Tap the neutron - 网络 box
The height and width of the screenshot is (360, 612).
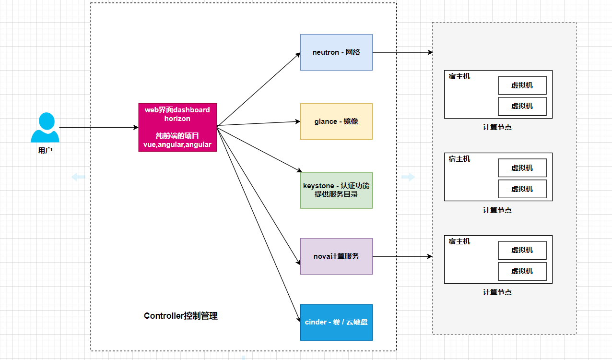(x=336, y=52)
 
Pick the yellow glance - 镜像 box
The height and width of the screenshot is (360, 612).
(x=336, y=121)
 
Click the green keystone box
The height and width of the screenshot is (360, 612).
(x=336, y=190)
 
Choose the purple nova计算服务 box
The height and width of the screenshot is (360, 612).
(x=336, y=256)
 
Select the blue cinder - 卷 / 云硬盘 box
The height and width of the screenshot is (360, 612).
(x=336, y=322)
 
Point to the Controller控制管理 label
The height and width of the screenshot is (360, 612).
(x=181, y=316)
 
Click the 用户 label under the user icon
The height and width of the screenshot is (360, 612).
(x=45, y=150)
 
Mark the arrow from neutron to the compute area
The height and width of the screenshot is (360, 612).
(x=402, y=52)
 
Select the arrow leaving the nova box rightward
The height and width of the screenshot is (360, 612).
(x=402, y=256)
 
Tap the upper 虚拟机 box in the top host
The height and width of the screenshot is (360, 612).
(x=522, y=85)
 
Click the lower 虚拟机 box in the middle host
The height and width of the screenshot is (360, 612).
(x=522, y=189)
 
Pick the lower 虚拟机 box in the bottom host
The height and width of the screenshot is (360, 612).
(x=522, y=271)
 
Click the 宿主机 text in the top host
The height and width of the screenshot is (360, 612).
(x=459, y=76)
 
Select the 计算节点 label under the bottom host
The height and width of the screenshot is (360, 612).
(x=497, y=292)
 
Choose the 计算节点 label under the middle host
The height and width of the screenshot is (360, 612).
(x=497, y=210)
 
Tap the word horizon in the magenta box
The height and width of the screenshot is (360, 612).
(x=177, y=119)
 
